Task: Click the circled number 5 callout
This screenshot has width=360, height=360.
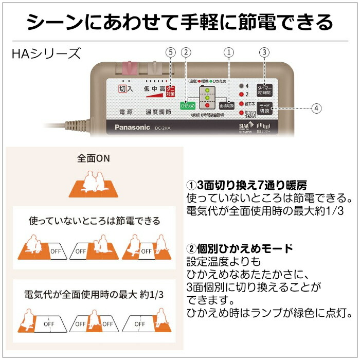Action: click(x=171, y=52)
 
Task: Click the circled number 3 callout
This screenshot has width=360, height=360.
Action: click(x=264, y=52)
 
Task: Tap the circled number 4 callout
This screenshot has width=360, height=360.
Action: click(x=316, y=108)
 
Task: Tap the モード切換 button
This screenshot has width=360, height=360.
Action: click(x=264, y=108)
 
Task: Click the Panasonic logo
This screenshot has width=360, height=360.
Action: click(x=132, y=127)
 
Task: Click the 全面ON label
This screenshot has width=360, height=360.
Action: click(x=94, y=158)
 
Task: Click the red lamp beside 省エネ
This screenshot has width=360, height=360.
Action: click(x=241, y=103)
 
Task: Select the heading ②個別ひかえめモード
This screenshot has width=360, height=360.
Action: click(x=239, y=248)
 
